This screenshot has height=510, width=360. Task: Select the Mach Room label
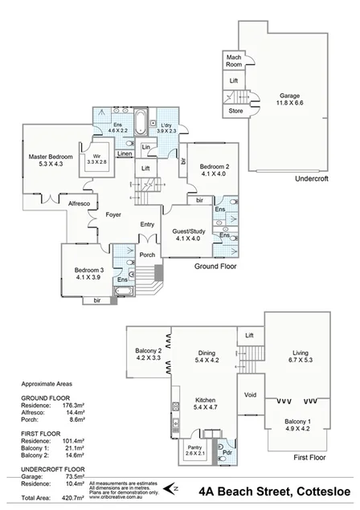coord(235,60)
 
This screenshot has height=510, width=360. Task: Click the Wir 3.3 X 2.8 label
coord(96,158)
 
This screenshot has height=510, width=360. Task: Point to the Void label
coord(251,395)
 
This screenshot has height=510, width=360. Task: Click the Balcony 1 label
coord(302,426)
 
